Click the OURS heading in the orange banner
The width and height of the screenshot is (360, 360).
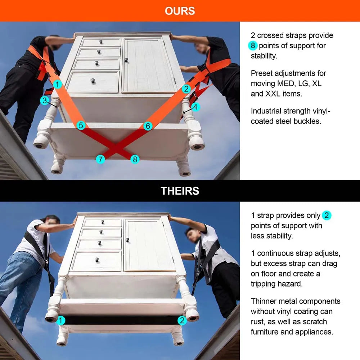(180, 11)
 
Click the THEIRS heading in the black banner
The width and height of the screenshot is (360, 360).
(180, 191)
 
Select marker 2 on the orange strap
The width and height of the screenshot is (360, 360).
(186, 89)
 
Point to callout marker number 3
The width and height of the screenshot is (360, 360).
(45, 100)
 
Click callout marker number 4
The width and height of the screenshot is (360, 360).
(195, 107)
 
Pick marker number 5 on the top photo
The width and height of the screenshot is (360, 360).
(81, 125)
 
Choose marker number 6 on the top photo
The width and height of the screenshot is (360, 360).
(148, 126)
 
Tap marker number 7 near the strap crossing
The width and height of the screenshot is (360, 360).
(100, 159)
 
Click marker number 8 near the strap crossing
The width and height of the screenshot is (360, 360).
(135, 159)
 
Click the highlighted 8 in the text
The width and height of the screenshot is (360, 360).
(253, 46)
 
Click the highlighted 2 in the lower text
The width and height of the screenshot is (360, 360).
(327, 215)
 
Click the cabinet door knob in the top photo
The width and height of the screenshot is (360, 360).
(126, 60)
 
